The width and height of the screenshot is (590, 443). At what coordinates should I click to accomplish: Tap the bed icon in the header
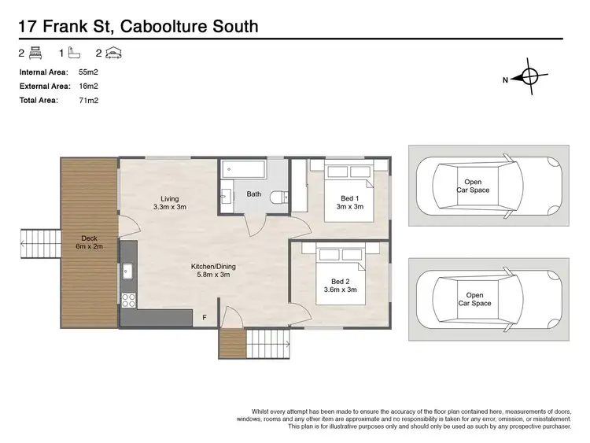(34, 54)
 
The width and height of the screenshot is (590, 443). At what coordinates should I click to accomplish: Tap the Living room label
(170, 198)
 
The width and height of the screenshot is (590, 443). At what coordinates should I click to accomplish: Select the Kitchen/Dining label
(213, 267)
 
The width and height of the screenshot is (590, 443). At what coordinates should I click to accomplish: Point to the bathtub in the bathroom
(244, 169)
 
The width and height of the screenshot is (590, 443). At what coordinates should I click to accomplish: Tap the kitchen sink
(127, 271)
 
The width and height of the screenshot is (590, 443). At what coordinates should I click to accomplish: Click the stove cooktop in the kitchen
(127, 299)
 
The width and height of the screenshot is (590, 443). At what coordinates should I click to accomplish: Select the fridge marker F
(205, 317)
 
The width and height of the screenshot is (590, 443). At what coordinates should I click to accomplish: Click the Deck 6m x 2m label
(88, 242)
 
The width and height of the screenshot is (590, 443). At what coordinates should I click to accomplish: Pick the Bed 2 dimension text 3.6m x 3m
(341, 290)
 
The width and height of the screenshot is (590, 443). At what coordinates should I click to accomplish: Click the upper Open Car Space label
(473, 186)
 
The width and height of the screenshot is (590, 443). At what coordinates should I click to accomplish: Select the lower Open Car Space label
(473, 299)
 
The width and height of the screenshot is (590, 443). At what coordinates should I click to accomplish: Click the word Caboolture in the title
(179, 27)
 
